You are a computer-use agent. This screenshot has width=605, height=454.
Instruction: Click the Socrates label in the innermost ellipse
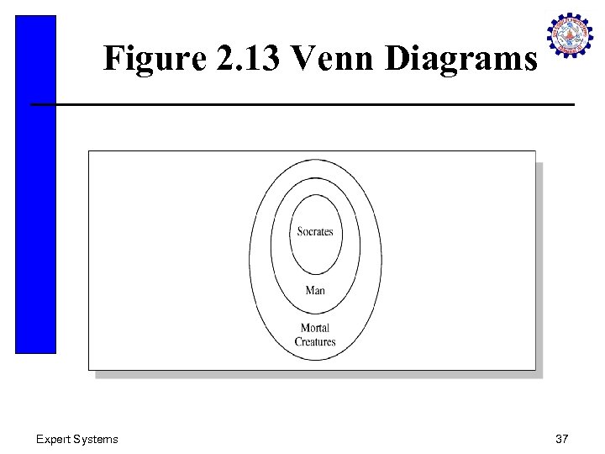(x=315, y=232)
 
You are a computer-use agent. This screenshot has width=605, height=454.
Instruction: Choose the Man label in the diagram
(x=315, y=290)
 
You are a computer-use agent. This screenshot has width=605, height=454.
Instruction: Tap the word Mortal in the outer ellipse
(x=315, y=328)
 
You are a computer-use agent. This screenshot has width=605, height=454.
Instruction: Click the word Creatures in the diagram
(x=315, y=342)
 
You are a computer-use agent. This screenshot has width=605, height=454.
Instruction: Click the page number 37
(x=561, y=439)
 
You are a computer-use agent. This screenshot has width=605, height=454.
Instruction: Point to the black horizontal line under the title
(x=302, y=104)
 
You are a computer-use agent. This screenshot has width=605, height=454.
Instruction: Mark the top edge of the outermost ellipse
(x=315, y=158)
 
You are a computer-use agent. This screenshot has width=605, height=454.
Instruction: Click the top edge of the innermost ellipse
(x=315, y=195)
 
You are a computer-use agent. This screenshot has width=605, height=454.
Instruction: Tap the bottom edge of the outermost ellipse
(x=315, y=361)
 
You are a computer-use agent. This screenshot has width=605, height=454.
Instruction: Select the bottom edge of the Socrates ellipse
(x=315, y=274)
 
